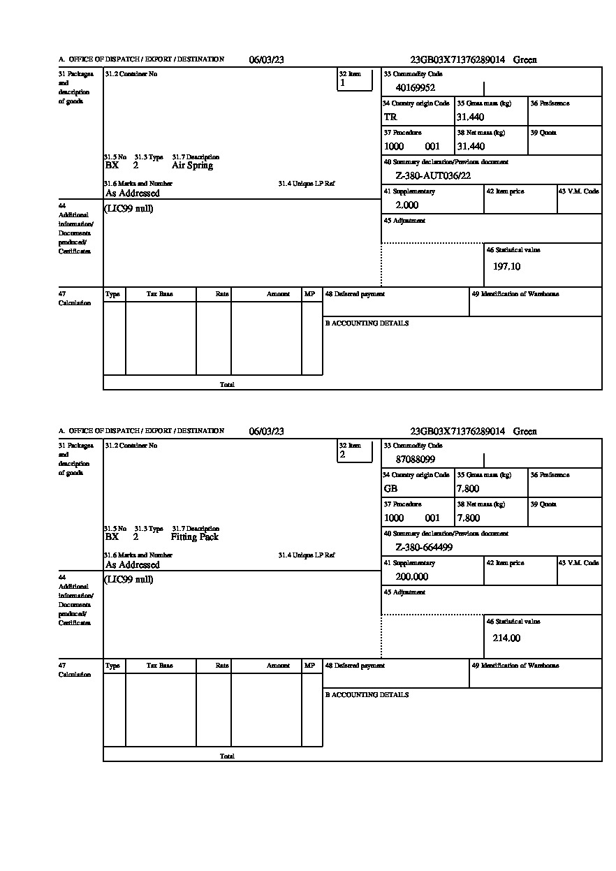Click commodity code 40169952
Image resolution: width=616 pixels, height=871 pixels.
tap(415, 88)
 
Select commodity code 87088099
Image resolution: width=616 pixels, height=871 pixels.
tap(415, 460)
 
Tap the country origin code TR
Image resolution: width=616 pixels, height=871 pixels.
tap(390, 117)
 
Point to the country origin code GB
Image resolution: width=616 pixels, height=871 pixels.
tap(390, 489)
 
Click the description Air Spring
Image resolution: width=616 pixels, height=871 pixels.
tap(192, 166)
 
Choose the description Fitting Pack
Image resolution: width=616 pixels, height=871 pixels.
tap(194, 537)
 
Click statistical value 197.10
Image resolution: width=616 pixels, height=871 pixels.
tap(506, 267)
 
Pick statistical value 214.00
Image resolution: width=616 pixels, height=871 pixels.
tap(506, 638)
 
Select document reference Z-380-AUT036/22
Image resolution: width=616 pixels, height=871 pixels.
tap(433, 176)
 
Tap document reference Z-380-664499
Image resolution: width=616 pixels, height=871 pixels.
tap(424, 548)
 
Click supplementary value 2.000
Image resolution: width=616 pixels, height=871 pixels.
tap(406, 205)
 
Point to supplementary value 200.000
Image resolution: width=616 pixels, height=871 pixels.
tap(411, 577)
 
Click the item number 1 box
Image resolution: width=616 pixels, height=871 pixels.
tap(355, 80)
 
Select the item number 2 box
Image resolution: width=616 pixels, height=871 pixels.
tap(355, 452)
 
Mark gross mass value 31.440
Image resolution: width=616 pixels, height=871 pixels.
tap(470, 117)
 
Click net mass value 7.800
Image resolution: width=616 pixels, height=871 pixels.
tap(468, 518)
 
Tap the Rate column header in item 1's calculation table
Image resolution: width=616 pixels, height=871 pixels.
tap(222, 295)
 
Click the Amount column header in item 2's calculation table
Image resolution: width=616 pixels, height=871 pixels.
tap(278, 666)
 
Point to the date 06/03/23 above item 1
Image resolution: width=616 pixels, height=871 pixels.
tap(266, 60)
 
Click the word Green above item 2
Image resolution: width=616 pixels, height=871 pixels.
tap(525, 432)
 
